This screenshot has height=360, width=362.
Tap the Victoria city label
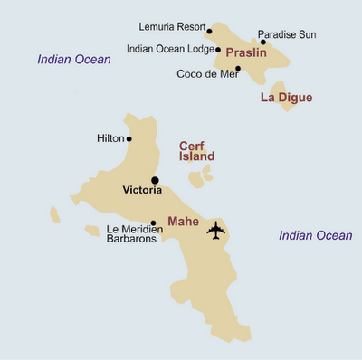tap(142, 191)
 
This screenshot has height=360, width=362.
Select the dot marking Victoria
tap(156, 180)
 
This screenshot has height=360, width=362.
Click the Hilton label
tap(110, 138)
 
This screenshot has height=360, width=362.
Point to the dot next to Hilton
tap(129, 139)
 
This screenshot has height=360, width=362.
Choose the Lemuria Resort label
tap(171, 28)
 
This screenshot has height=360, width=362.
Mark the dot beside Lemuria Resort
tap(209, 31)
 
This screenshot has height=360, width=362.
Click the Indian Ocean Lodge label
tap(169, 50)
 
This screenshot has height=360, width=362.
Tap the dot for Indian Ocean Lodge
tap(218, 50)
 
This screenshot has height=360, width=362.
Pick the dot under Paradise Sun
tap(263, 42)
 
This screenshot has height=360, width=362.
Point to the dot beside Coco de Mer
tap(237, 69)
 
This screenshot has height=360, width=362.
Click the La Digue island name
tap(286, 97)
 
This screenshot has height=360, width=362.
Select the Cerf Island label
tap(196, 151)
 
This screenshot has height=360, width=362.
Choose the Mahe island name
tap(185, 220)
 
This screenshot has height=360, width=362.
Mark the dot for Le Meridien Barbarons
tap(153, 223)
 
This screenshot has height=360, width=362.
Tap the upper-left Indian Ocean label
tap(73, 60)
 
